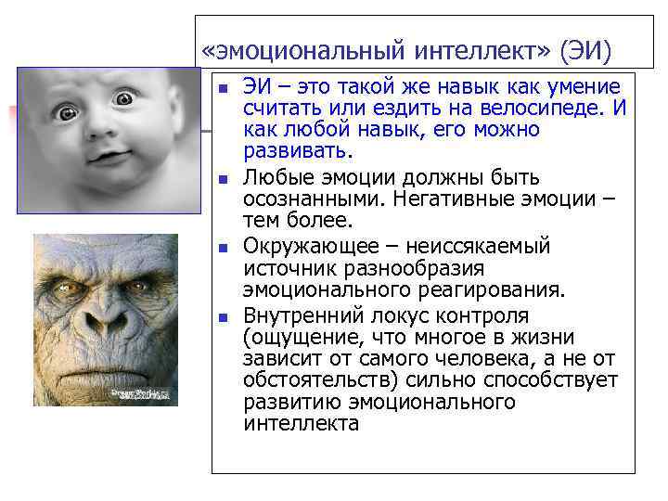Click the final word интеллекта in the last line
pos(301,424)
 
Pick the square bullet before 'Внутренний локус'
pos(222,316)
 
